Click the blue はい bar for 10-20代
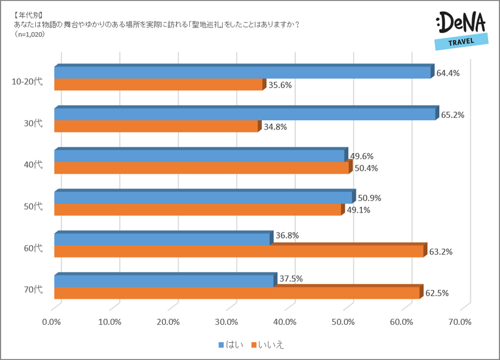tap(242, 73)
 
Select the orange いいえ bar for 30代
tap(156, 127)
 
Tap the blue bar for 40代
tap(199, 156)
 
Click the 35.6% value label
tap(280, 85)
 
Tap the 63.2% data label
tap(441, 252)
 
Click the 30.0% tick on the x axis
tap(227, 322)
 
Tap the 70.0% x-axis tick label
tap(460, 322)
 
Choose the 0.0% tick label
tap(52, 322)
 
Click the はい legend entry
tap(232, 345)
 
